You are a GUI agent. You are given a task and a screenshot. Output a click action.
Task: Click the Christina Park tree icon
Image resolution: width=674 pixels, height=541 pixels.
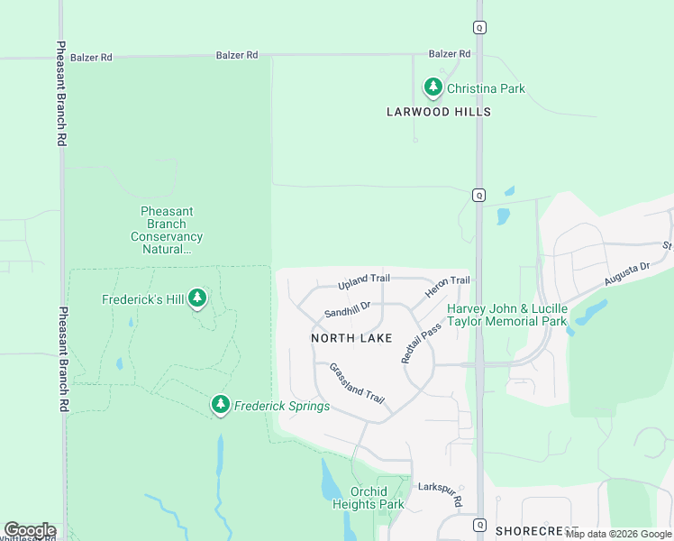coord(433,88)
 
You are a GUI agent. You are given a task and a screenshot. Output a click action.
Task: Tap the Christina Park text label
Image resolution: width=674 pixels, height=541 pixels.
coord(486,89)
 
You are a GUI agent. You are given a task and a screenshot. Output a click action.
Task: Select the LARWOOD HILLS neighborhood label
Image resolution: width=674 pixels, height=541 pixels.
coord(439,112)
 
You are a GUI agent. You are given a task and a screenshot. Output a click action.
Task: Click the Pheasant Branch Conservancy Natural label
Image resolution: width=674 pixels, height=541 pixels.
coord(167,230)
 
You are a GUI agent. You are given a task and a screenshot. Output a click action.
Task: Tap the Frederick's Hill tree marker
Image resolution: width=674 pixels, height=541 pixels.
coord(197,298)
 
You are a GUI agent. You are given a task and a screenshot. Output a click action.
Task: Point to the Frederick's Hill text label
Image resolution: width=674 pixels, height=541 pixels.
coord(142,299)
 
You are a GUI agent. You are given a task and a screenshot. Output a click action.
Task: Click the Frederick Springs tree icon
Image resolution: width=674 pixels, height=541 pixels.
coord(221,406)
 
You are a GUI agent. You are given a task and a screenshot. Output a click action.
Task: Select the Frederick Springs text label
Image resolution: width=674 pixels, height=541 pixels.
coord(282,407)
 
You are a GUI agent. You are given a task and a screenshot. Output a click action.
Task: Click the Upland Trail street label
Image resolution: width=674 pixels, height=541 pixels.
coord(364,282)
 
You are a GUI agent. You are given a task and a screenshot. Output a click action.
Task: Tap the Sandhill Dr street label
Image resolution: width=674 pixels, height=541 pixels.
coord(348,311)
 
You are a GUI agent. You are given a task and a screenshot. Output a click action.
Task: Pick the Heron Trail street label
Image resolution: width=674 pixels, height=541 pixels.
coord(447,289)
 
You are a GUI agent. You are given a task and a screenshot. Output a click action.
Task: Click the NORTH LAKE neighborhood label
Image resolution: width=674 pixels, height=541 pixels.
coord(351,338)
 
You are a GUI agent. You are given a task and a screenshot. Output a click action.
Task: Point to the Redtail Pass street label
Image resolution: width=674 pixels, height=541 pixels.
coord(421,343)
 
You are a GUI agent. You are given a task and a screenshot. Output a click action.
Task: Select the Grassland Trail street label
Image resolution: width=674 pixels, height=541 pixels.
coord(357,383)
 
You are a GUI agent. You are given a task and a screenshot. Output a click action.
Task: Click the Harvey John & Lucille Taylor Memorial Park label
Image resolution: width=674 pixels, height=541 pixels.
coord(507,315)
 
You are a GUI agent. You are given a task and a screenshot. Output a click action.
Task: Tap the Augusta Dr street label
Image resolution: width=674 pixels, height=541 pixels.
coord(626,274)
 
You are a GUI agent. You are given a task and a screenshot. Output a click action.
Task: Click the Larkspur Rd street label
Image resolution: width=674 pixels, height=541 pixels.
coord(441,493)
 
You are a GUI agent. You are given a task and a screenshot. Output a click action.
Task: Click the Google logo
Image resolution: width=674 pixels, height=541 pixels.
coord(30,530)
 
